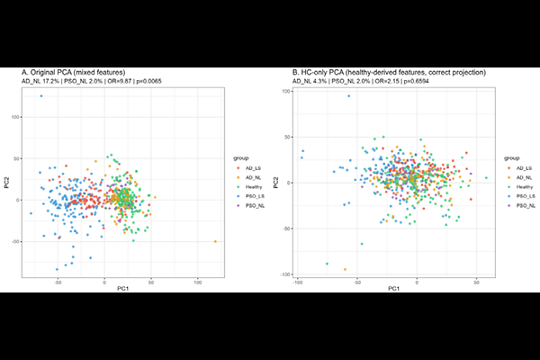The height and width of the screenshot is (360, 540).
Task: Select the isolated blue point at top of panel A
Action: [40, 94]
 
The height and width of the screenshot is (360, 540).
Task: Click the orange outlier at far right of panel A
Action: [215, 241]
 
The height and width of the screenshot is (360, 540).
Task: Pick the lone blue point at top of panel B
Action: [349, 96]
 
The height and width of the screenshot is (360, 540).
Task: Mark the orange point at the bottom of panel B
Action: [345, 269]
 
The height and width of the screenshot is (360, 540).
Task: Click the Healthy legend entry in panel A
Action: [253, 187]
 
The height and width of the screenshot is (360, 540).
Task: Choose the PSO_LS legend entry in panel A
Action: [253, 197]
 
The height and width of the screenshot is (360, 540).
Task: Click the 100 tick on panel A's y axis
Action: [15, 117]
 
